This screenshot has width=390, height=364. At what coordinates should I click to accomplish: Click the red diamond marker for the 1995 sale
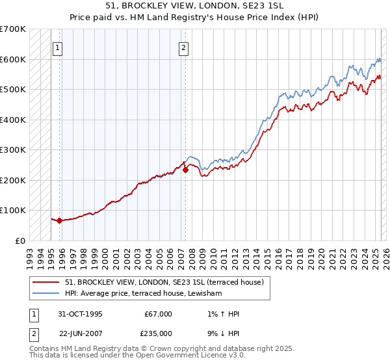point(59,220)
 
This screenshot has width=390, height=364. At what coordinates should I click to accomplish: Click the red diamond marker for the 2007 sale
point(185,170)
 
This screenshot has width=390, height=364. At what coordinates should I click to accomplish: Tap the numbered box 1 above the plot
point(58,47)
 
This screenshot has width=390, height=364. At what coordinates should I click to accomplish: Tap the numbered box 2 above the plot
point(184,47)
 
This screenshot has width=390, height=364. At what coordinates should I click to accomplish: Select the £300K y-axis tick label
point(13,149)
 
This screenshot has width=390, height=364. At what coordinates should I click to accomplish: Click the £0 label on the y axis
point(21,240)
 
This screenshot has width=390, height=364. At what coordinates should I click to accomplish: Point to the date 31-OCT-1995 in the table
point(80,314)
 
